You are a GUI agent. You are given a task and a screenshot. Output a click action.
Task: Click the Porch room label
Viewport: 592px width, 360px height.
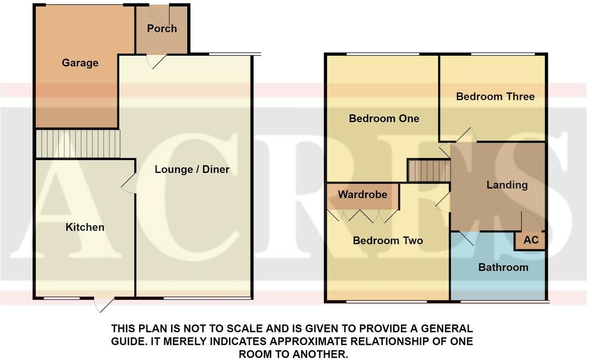[x=162, y=29]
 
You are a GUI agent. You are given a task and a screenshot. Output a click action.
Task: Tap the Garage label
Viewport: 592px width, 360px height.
[x=80, y=63]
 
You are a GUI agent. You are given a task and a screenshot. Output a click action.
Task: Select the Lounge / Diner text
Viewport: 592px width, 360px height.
[x=192, y=170]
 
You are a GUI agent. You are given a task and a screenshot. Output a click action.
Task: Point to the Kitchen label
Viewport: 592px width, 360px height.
[x=85, y=227]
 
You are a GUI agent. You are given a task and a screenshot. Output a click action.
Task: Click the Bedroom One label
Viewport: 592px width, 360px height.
[x=384, y=119]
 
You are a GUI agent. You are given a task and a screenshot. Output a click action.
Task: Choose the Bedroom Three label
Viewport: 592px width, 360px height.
[x=495, y=96]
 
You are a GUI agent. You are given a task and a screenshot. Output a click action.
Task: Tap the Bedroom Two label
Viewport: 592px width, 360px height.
[x=388, y=241]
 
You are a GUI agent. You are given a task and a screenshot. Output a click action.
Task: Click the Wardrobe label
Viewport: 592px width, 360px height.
[x=362, y=195]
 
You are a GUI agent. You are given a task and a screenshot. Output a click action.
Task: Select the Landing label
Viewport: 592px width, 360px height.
[x=507, y=185]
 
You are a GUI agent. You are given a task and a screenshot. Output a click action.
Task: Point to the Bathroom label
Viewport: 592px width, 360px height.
[x=503, y=268]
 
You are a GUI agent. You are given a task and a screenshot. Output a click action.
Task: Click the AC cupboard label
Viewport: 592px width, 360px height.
[x=531, y=240]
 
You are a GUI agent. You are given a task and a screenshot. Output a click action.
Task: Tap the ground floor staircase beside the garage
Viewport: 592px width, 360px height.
[x=78, y=143]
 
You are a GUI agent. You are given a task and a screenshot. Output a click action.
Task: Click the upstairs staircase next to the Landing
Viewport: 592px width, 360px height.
[x=429, y=171]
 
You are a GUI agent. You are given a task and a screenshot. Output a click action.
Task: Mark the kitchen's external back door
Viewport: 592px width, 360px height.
[x=104, y=304]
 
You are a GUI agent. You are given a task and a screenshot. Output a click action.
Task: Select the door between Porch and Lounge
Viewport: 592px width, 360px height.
[x=156, y=61]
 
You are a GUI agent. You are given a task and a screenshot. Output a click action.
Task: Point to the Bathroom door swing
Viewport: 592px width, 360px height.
[x=469, y=237]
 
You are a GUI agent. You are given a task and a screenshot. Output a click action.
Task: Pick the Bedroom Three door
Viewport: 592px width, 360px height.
[x=466, y=135]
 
